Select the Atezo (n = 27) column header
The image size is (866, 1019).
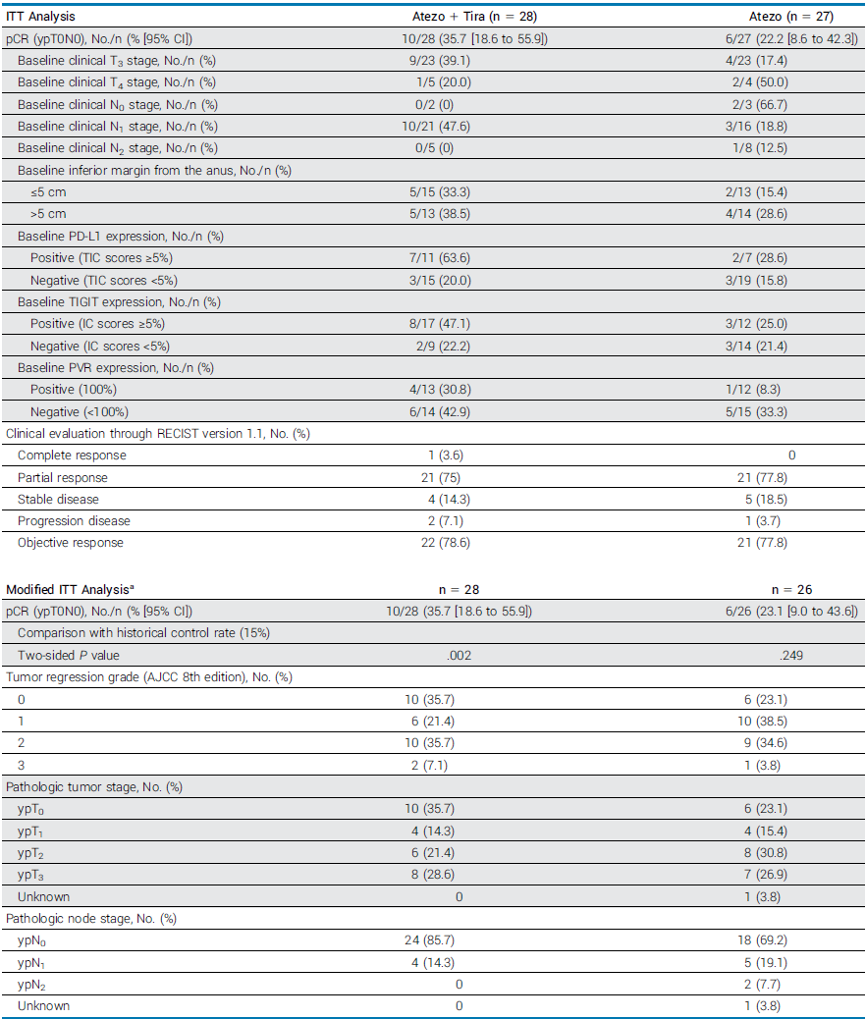coord(791,17)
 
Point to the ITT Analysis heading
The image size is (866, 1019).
coord(41,17)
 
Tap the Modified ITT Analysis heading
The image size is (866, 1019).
coord(69,590)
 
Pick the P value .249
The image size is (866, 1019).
coord(791,655)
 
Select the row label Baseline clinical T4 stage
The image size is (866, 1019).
coord(117,81)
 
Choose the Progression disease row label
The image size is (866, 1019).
coord(74,521)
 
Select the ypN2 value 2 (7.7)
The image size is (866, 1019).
coord(791,983)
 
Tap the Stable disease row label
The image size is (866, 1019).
coord(60,500)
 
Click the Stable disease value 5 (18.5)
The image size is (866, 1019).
coord(791,500)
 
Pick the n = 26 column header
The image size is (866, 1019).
coord(791,590)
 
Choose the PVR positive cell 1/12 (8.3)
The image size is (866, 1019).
coord(791,390)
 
